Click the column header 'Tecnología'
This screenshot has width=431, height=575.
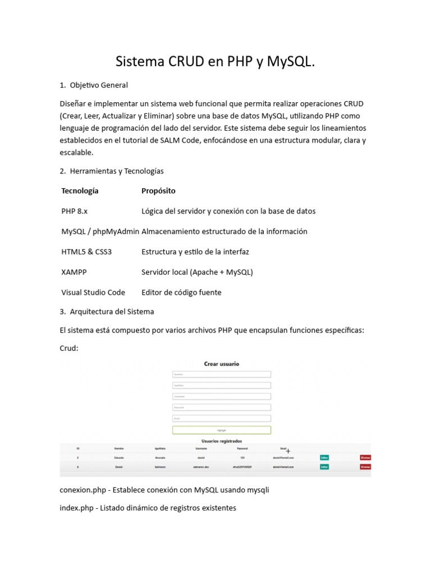point(80,191)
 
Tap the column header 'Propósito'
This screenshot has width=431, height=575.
point(158,191)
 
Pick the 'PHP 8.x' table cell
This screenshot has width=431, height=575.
point(75,211)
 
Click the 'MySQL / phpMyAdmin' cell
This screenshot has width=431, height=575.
point(100,231)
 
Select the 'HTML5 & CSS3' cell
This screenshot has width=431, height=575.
point(86,252)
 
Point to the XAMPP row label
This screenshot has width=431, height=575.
point(74,272)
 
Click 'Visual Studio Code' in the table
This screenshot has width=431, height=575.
point(93,292)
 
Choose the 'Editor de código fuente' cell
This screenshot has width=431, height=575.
point(181,292)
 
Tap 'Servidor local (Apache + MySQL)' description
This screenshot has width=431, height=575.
point(197,272)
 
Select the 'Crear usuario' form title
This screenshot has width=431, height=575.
point(221,364)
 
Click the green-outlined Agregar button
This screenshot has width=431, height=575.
point(221,430)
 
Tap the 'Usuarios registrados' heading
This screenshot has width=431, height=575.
point(221,441)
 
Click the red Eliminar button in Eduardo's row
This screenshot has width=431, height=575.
point(365,458)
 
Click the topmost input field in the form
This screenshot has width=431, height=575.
point(221,375)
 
